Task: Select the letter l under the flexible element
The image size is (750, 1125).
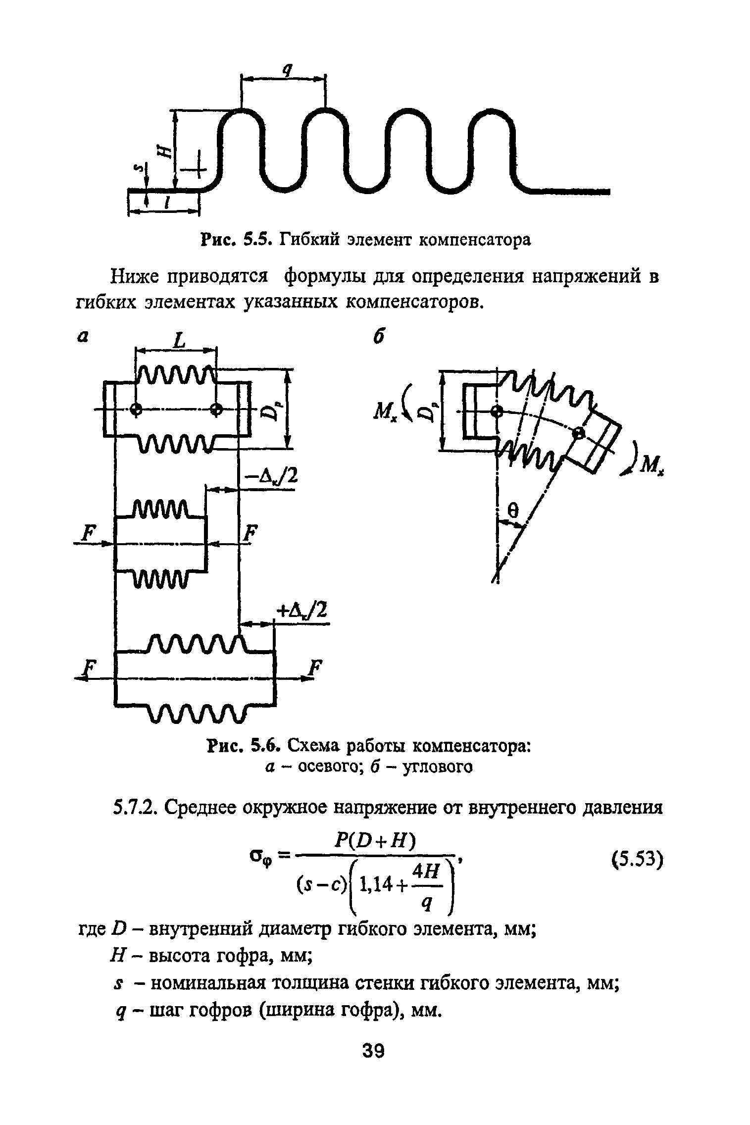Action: (167, 202)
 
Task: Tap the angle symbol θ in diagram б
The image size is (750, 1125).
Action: (513, 511)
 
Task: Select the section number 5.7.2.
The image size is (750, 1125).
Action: (134, 809)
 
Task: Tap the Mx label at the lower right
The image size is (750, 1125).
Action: (652, 464)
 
